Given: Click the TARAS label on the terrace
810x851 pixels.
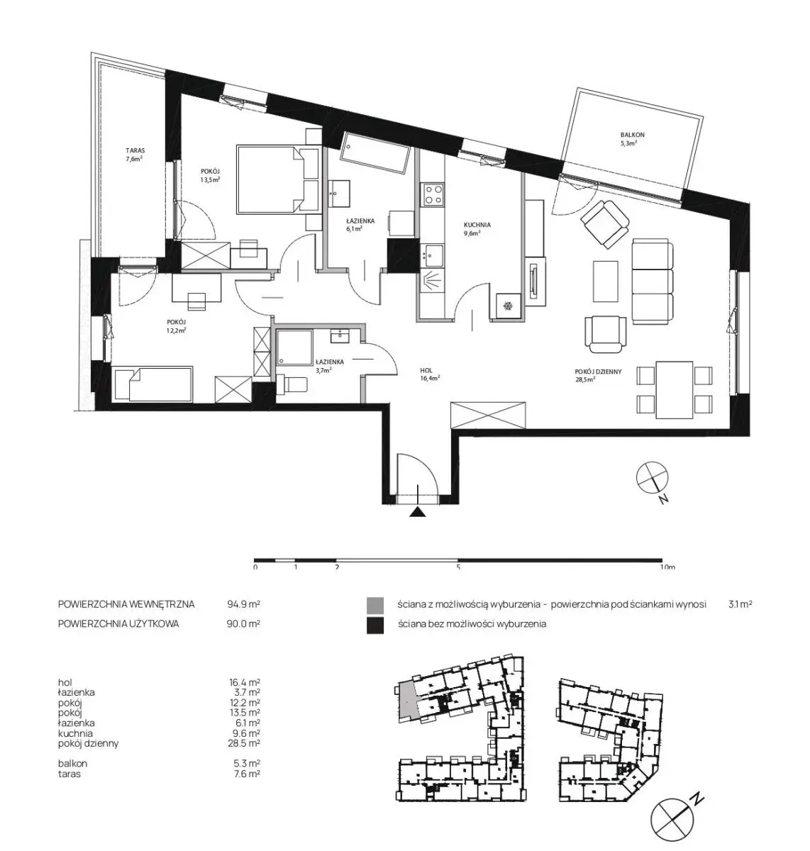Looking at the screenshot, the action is click(135, 150).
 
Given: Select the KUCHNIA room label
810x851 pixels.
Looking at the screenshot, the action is click(477, 225).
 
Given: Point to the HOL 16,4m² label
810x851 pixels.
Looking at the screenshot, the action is click(430, 374).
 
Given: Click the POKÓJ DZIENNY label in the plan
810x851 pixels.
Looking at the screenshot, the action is click(599, 372).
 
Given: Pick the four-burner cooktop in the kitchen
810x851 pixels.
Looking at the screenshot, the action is click(433, 194).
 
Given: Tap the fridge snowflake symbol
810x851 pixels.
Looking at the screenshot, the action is click(507, 306).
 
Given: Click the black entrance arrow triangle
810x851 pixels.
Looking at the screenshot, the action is click(417, 512).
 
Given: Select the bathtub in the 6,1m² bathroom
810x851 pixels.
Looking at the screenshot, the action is click(375, 153).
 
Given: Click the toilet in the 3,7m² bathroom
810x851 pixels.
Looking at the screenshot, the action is click(292, 384).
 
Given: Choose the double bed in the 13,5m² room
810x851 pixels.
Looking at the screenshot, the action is click(279, 179).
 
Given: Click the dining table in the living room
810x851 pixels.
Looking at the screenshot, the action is click(674, 390).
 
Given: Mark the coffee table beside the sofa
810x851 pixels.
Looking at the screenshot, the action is click(605, 281).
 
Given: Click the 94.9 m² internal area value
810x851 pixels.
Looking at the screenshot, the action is click(244, 604).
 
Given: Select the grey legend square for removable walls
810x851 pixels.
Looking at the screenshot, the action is click(375, 606).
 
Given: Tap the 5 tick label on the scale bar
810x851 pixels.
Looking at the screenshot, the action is click(458, 567).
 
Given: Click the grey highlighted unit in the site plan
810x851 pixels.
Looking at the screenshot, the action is click(407, 701).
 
